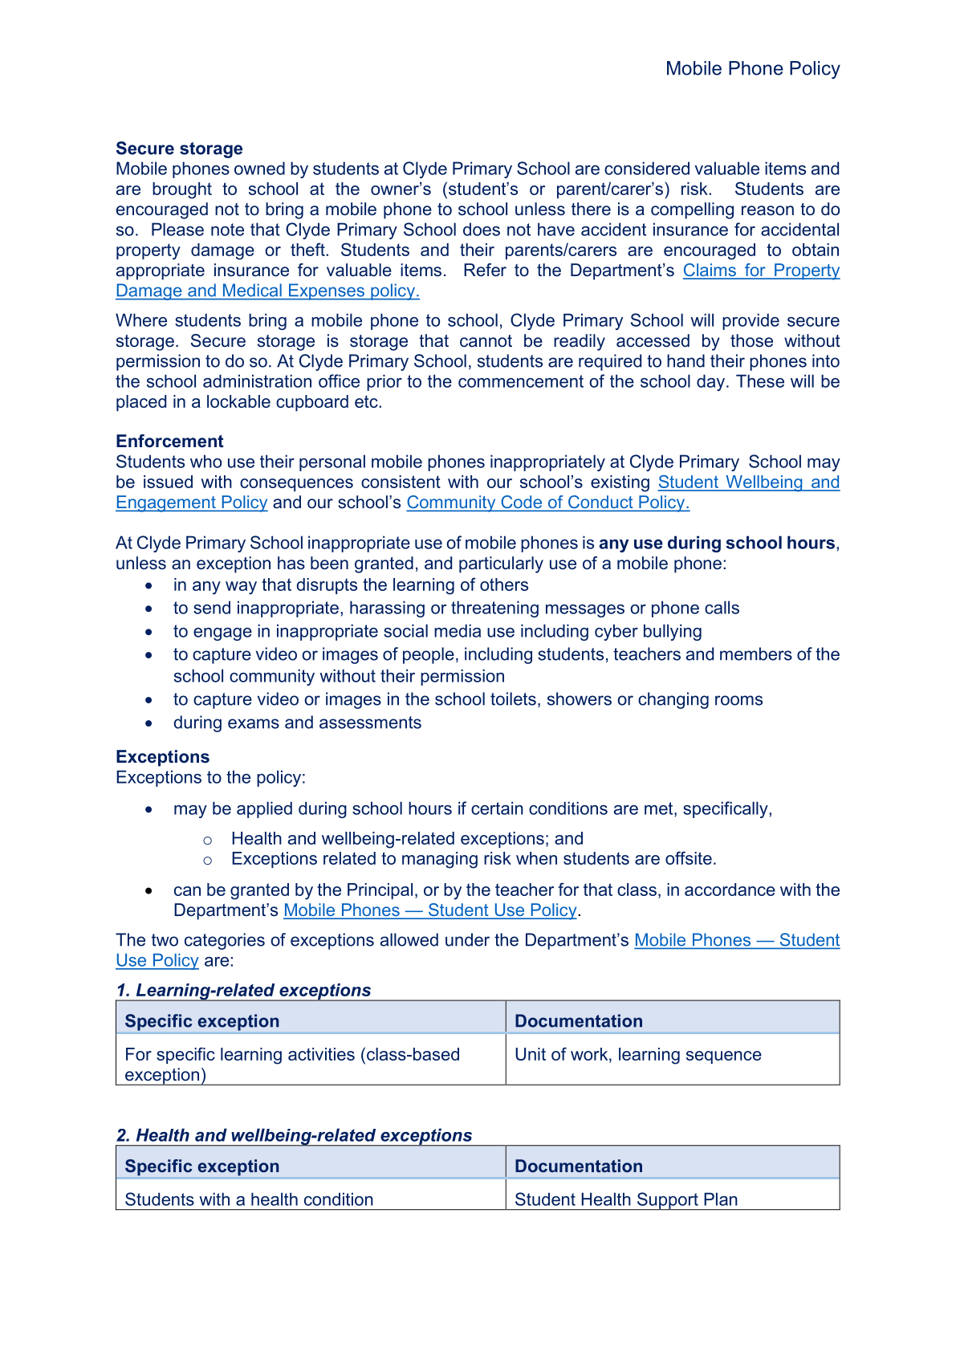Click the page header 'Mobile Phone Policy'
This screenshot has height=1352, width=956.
click(x=752, y=69)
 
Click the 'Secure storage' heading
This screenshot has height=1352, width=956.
click(x=179, y=149)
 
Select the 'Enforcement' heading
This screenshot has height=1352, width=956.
click(x=169, y=442)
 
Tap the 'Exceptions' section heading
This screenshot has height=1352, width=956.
click(x=162, y=757)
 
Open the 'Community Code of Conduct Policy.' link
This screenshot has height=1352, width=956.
click(x=547, y=503)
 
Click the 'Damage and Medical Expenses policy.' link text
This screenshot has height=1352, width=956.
click(x=267, y=291)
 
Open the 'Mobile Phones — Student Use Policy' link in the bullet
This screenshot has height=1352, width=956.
click(x=430, y=910)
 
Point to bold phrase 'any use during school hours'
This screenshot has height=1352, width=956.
click(x=717, y=544)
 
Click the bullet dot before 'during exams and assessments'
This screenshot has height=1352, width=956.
click(x=149, y=723)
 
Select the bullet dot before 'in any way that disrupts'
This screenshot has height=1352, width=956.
click(x=149, y=586)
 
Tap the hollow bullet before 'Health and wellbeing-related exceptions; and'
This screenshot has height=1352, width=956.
click(x=208, y=840)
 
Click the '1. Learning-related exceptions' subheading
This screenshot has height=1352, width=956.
click(x=243, y=991)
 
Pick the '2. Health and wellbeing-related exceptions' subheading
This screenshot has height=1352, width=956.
click(x=294, y=1136)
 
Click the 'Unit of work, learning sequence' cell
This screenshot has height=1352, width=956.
click(x=637, y=1055)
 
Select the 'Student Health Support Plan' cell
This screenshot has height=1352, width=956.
click(x=625, y=1199)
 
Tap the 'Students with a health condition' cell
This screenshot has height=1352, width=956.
click(x=249, y=1199)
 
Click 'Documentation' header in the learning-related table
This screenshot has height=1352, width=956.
click(x=578, y=1021)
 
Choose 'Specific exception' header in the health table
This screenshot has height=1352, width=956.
click(x=202, y=1167)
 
